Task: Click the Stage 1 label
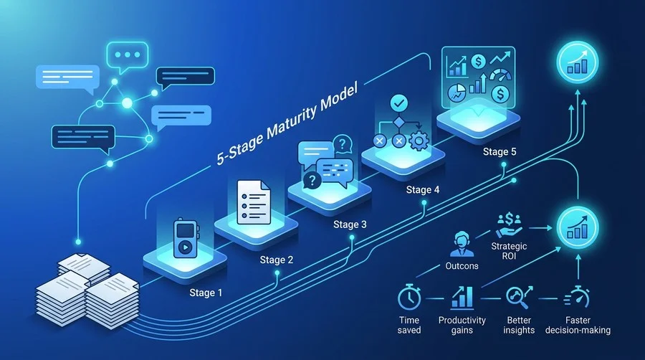[206, 293]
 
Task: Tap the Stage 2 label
[277, 260]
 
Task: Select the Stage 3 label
[350, 224]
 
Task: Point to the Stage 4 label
[422, 189]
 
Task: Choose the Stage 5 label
[500, 151]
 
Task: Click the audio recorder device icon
[186, 238]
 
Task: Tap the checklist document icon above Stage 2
[254, 202]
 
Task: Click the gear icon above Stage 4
[419, 141]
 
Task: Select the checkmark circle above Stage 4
[398, 103]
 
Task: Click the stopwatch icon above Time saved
[409, 296]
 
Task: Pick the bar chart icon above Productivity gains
[462, 297]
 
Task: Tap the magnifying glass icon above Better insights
[519, 297]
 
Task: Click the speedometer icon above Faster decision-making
[578, 296]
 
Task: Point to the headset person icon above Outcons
[462, 244]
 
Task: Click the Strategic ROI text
[509, 251]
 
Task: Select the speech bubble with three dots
[127, 56]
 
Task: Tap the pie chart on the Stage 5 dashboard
[457, 93]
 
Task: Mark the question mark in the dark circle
[312, 180]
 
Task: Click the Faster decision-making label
[578, 325]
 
